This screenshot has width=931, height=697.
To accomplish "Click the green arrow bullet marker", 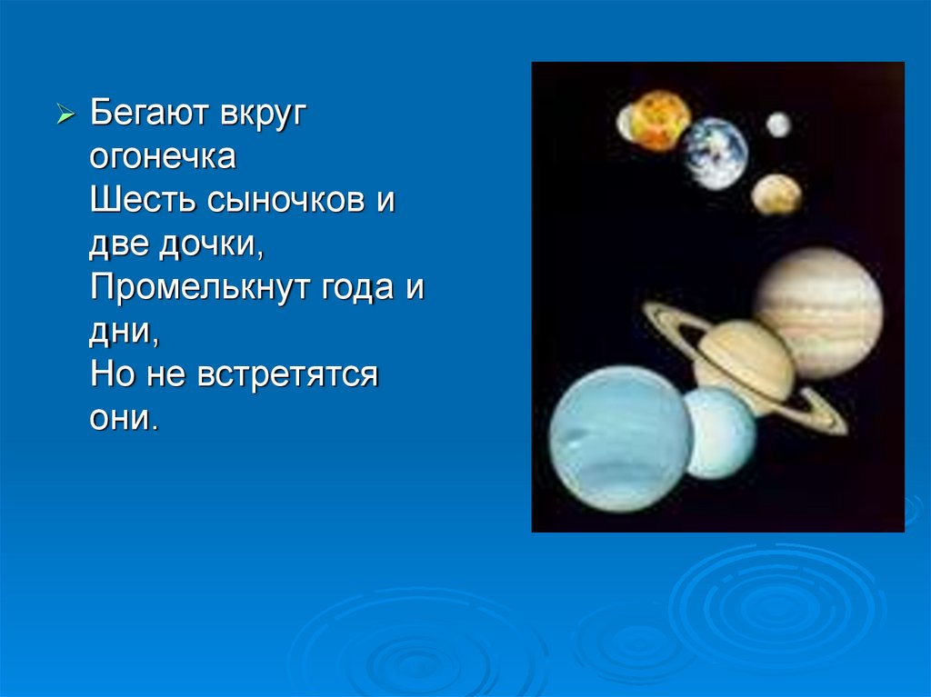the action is tap(65, 113).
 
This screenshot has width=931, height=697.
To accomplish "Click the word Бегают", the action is tap(149, 113).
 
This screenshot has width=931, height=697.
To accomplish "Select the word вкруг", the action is tap(263, 114).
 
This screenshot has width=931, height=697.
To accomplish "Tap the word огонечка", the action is tap(163, 156).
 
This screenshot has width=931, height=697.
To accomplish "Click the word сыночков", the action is tap(285, 200).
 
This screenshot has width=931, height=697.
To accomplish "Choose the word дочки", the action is tap(211, 244).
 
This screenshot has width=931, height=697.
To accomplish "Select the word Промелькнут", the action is tap(200, 287).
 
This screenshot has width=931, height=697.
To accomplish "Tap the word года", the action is tap(358, 289).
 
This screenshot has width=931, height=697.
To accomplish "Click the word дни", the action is tap(124, 332).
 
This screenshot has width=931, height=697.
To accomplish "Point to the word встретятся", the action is tap(287, 375).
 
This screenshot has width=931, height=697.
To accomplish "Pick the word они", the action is tap(124, 419).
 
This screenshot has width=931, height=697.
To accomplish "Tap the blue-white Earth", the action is tap(715, 154).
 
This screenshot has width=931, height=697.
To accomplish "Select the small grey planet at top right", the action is tap(778, 124).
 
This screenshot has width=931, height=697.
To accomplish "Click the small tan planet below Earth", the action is tap(776, 194).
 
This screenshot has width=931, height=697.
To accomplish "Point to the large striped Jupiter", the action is tap(819, 313).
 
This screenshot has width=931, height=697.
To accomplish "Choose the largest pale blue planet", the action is tap(620, 439).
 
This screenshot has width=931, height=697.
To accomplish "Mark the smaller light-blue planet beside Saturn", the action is tap(720, 433).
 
